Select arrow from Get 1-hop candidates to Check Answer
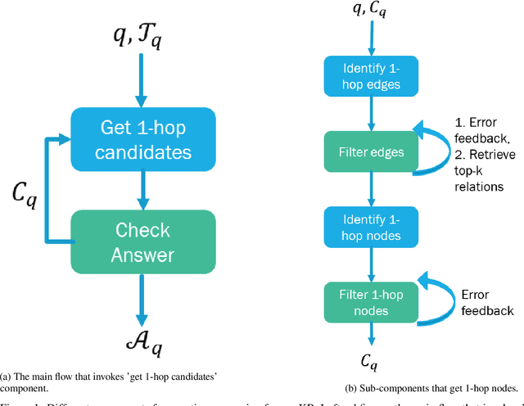pyautogui.click(x=142, y=192)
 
